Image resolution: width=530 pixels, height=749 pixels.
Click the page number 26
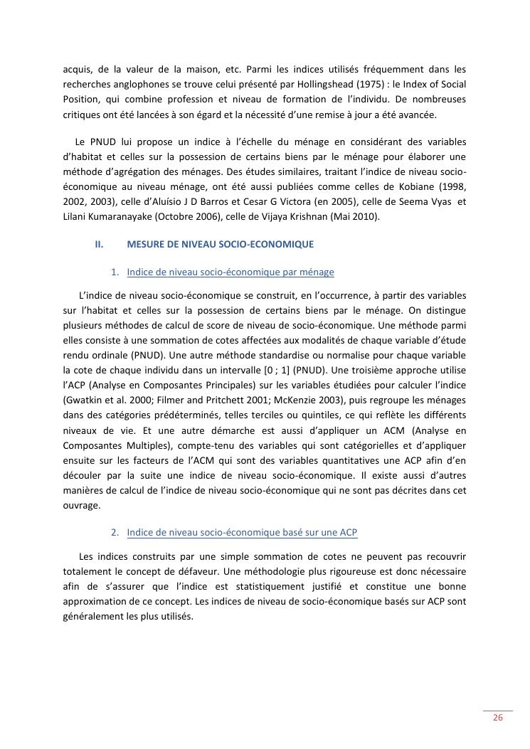(x=498, y=718)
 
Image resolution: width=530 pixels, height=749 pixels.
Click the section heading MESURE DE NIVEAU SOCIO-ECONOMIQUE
(x=220, y=244)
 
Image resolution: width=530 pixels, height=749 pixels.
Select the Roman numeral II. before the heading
(x=99, y=244)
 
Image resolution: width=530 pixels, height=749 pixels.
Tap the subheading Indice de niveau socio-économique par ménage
(x=230, y=272)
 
